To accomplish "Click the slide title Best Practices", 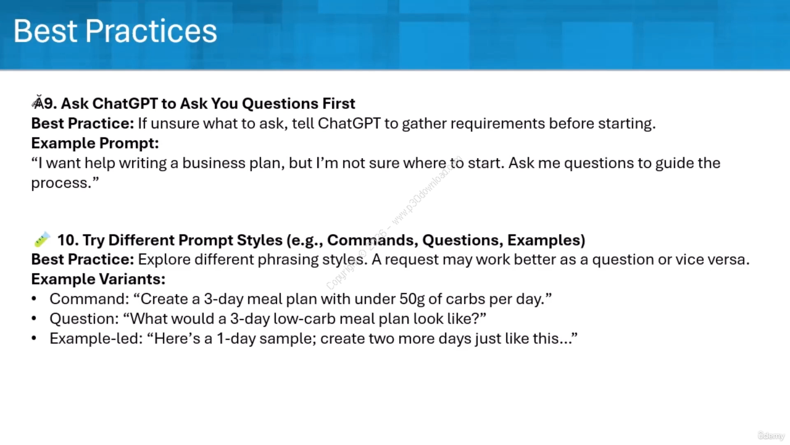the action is point(115,31).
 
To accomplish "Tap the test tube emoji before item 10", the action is point(42,239).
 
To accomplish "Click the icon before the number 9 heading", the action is point(38,103).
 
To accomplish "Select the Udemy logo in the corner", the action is point(771,434).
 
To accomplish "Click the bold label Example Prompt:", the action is point(95,143).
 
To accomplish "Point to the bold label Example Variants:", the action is point(98,279).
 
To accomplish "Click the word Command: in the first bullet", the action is point(89,299).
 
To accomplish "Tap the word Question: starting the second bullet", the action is point(85,318).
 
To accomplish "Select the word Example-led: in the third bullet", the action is point(96,338).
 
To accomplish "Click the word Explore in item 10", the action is point(164,260).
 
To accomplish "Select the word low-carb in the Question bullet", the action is point(304,318).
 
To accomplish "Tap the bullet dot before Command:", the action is point(34,299).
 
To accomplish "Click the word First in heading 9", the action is point(339,103).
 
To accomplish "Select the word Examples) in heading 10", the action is point(546,240).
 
